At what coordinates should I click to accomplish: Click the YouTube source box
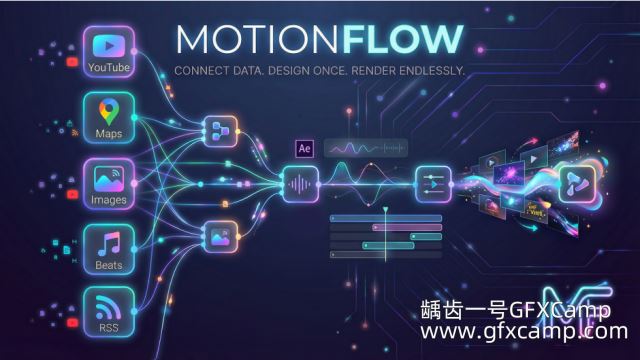click(x=109, y=52)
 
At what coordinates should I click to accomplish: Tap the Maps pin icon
click(x=109, y=111)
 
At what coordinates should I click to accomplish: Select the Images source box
click(x=109, y=184)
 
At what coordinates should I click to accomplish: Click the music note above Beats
click(x=109, y=244)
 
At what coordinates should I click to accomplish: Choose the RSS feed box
click(x=109, y=312)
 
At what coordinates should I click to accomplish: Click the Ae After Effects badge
click(x=304, y=149)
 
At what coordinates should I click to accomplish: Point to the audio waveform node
click(x=301, y=184)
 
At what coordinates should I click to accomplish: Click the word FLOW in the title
click(x=402, y=40)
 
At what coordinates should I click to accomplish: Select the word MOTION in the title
click(x=257, y=40)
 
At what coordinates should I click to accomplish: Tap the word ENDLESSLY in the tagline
click(x=432, y=71)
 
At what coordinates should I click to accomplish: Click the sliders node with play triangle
click(x=433, y=184)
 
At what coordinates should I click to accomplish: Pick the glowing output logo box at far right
click(x=577, y=184)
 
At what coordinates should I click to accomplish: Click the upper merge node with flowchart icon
click(x=221, y=131)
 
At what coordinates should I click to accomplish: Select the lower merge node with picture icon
click(x=221, y=237)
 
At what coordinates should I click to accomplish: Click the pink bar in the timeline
click(x=407, y=227)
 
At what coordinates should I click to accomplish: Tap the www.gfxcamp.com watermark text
click(x=524, y=331)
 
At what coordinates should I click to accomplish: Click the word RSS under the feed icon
click(x=109, y=328)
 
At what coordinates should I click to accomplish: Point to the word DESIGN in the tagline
click(x=289, y=71)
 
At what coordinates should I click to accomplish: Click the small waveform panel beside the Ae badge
click(x=366, y=148)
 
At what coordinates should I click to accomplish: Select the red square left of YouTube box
click(x=72, y=62)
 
